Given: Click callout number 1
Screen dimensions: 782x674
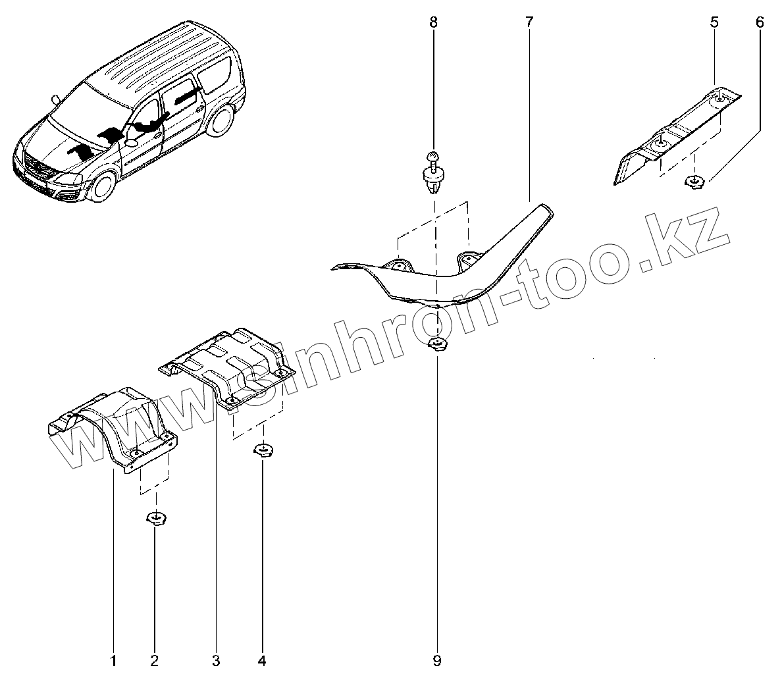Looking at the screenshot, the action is pyautogui.click(x=113, y=660).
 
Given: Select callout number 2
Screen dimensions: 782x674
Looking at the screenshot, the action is pyautogui.click(x=155, y=660).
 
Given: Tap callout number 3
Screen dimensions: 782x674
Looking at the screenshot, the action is pyautogui.click(x=216, y=660).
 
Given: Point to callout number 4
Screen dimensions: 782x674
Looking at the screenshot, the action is pyautogui.click(x=263, y=660).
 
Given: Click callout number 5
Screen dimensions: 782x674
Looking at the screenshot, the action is pyautogui.click(x=715, y=22).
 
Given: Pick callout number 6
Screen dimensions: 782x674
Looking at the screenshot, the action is pyautogui.click(x=760, y=22).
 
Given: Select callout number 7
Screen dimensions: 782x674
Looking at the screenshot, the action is pyautogui.click(x=529, y=22).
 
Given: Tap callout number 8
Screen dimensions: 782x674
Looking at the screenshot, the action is pyautogui.click(x=433, y=22).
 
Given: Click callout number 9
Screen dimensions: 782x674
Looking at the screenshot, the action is pyautogui.click(x=437, y=660).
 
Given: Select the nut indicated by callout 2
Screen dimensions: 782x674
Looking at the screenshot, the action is pyautogui.click(x=155, y=519).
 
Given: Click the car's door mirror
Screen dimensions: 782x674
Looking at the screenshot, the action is pyautogui.click(x=130, y=142).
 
